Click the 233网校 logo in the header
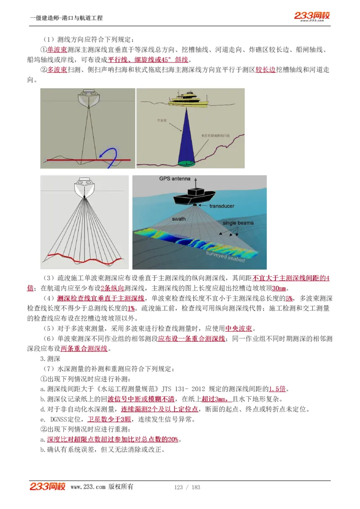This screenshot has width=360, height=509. pos(312,16)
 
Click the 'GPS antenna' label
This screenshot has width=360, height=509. pos(175,179)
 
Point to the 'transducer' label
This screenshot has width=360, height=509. pos(221,206)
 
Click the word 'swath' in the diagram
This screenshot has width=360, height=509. pos(178,219)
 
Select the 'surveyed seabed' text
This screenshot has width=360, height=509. pos(225,257)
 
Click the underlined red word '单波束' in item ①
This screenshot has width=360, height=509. pos(57,50)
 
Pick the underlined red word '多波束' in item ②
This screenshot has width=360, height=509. pos(57,70)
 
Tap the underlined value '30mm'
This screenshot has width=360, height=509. pos(279,288)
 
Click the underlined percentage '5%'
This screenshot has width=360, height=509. pos(289,298)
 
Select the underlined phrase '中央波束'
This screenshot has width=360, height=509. pos(238,328)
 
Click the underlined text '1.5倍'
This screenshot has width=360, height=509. pos(278,388)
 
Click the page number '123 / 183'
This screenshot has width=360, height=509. pos(187,487)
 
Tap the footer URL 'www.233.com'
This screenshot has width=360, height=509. pos(88,487)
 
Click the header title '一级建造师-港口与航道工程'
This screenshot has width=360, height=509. pos(66,18)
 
